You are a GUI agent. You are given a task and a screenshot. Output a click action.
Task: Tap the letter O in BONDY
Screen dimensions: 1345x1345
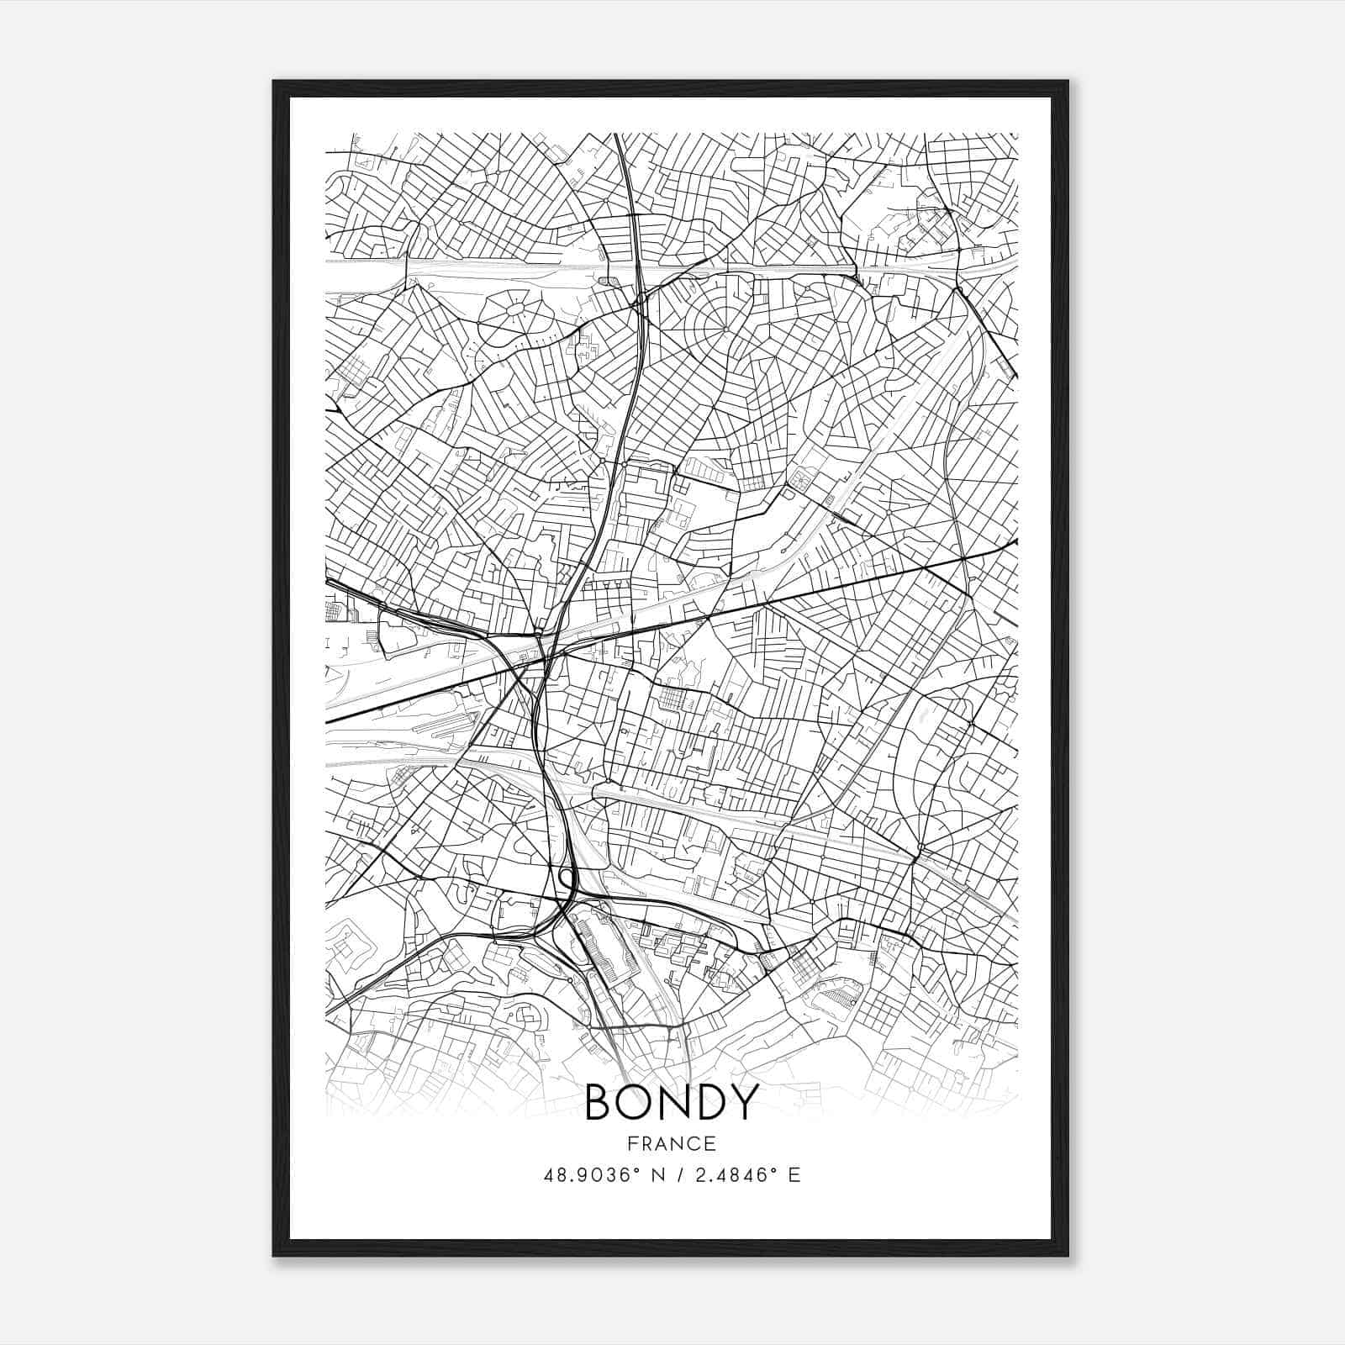640,1102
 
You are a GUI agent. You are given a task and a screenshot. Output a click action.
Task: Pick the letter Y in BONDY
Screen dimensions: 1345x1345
746,1102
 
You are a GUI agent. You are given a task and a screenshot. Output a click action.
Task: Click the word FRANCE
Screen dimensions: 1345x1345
671,1143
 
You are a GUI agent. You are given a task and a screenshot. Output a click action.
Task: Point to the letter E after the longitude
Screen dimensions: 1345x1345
794,1175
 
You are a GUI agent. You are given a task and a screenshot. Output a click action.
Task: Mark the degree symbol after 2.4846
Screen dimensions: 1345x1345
773,1170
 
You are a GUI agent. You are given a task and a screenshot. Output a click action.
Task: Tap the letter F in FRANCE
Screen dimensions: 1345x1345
632,1143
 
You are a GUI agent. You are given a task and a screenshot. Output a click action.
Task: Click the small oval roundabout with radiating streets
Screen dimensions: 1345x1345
512,310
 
